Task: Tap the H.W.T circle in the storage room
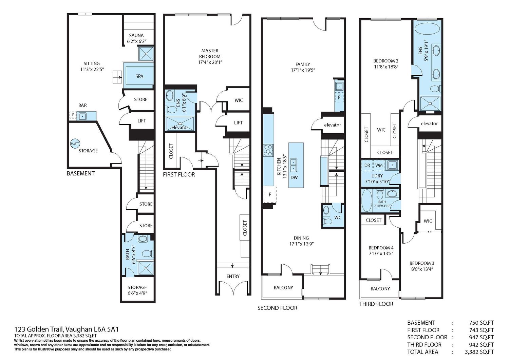pyautogui.click(x=75, y=144)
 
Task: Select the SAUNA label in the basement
pyautogui.click(x=136, y=35)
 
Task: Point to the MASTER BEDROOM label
pyautogui.click(x=210, y=53)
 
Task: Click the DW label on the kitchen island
pyautogui.click(x=294, y=177)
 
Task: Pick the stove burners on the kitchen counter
pyautogui.click(x=268, y=150)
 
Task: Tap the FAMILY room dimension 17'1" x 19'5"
pyautogui.click(x=303, y=70)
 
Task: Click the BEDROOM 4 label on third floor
pyautogui.click(x=381, y=248)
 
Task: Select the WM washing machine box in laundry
pyautogui.click(x=379, y=165)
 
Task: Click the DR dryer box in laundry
pyautogui.click(x=367, y=165)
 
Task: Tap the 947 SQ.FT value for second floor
pyautogui.click(x=482, y=337)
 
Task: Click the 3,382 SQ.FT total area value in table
pyautogui.click(x=479, y=352)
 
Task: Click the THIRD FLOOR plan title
pyautogui.click(x=376, y=304)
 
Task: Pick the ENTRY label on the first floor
pyautogui.click(x=233, y=277)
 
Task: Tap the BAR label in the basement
pyautogui.click(x=82, y=105)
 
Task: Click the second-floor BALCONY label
pyautogui.click(x=283, y=287)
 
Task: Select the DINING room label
pyautogui.click(x=301, y=238)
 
